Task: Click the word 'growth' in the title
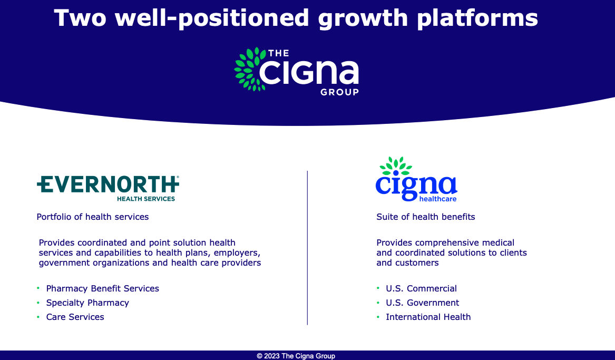coord(363,18)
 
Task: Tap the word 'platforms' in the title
coord(477,18)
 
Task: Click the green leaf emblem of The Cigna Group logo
coord(250,69)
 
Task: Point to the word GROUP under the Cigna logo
coord(339,92)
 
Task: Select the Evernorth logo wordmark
coord(108,184)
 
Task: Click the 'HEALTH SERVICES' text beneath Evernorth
coord(146,199)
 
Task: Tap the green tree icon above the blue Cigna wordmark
coord(396,166)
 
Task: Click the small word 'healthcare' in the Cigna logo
coord(438,199)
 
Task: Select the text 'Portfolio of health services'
coord(93,217)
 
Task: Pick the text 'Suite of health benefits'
coord(426,217)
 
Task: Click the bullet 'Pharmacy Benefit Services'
coord(102,289)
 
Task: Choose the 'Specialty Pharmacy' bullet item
coord(87,303)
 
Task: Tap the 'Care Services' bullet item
coord(75,317)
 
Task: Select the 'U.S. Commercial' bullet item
coord(421,289)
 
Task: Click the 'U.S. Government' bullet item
coord(423,303)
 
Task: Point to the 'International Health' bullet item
coord(428,317)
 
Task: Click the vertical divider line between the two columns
coord(308,247)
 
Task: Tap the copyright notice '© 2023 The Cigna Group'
coord(296,356)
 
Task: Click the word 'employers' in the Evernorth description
coord(237,253)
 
